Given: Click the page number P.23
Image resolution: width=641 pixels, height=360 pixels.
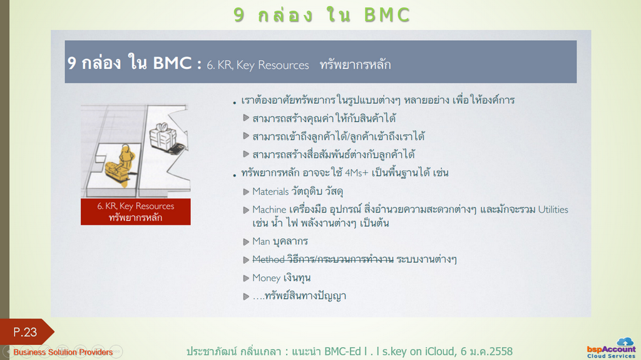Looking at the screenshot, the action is pyautogui.click(x=25, y=332).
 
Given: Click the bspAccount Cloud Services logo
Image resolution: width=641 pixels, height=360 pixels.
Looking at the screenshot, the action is pyautogui.click(x=612, y=349).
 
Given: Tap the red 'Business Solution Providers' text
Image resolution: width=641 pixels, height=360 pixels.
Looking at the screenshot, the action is pyautogui.click(x=63, y=352).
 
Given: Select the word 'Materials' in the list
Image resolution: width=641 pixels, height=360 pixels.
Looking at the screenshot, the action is pyautogui.click(x=270, y=192).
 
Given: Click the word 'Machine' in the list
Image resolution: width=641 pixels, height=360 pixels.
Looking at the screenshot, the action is pyautogui.click(x=269, y=210).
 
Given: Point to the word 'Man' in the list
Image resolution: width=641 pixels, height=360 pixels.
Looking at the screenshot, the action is pyautogui.click(x=261, y=242).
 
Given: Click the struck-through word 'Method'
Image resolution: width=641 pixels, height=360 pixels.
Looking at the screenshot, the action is pyautogui.click(x=268, y=259).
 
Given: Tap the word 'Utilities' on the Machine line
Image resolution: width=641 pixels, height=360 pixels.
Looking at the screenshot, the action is pyautogui.click(x=553, y=210).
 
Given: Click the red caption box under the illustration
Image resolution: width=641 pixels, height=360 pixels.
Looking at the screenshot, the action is pyautogui.click(x=136, y=212).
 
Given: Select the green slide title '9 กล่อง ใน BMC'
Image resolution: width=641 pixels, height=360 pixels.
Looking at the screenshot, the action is pyautogui.click(x=322, y=15).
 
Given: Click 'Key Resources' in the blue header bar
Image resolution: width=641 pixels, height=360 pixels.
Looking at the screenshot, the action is pyautogui.click(x=272, y=65).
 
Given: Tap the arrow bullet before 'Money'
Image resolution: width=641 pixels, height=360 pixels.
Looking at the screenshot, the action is pyautogui.click(x=246, y=278).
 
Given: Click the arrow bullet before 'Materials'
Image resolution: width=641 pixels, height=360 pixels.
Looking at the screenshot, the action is pyautogui.click(x=246, y=192).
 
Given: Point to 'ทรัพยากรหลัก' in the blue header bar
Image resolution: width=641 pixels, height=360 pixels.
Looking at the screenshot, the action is pyautogui.click(x=356, y=64).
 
